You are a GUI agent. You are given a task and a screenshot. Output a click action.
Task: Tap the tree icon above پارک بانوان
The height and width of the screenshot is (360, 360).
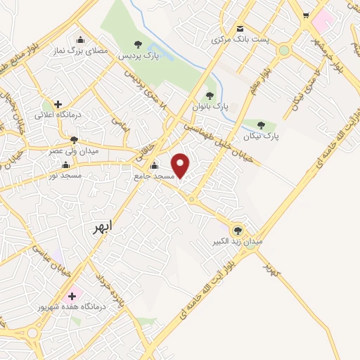click(209, 95)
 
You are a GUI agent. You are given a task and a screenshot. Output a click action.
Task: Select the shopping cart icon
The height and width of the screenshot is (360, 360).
click(306, 15)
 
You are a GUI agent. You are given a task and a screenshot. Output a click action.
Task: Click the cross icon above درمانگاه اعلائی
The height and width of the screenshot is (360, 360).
click(58, 104)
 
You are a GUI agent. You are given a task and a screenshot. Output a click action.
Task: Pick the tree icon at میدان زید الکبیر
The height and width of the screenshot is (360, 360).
click(237, 230)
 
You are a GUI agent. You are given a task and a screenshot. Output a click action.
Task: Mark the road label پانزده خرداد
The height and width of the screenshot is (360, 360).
click(112, 286)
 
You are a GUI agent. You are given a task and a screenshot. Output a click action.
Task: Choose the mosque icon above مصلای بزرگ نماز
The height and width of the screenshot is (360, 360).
click(80, 39)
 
